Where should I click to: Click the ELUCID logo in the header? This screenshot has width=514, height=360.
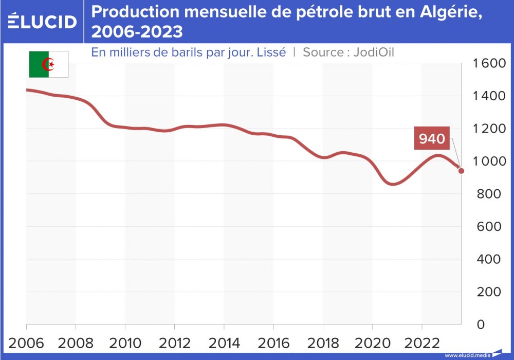(x=42, y=21)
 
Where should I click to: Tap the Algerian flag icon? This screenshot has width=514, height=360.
(x=49, y=64)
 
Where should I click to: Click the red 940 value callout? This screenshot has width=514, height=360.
(x=432, y=139)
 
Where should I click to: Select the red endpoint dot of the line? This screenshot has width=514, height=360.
(x=461, y=171)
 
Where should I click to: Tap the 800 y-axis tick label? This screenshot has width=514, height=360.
(x=490, y=194)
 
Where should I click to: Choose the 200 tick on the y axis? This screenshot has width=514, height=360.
(x=490, y=292)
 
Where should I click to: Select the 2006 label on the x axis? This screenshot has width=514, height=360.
(x=26, y=341)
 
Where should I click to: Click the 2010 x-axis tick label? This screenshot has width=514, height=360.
(x=125, y=341)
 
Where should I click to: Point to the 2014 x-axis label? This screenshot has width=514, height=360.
(x=224, y=341)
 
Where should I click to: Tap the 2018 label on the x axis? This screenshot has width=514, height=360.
(x=323, y=341)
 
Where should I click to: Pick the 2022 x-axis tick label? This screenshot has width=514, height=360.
(x=422, y=341)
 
